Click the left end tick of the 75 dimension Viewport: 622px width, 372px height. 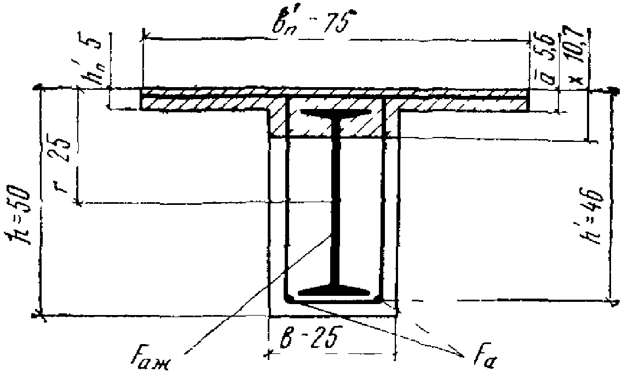[x=143, y=38]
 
